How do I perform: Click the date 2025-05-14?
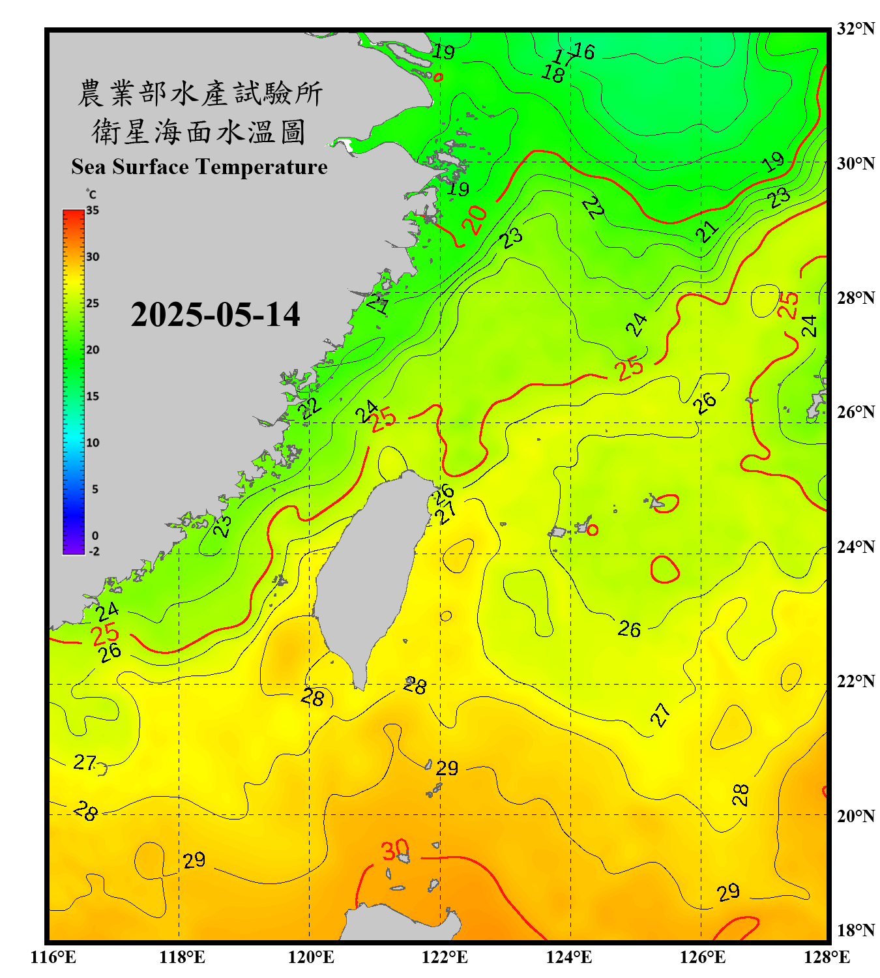(x=215, y=315)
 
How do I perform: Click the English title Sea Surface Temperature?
(x=199, y=167)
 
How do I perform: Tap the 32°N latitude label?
(x=855, y=29)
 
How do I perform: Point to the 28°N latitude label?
(x=855, y=298)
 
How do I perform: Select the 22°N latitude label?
(x=855, y=681)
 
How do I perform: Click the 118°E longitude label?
(x=182, y=957)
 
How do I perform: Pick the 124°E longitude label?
(x=569, y=957)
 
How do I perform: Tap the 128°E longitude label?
(x=827, y=957)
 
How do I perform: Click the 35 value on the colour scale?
(x=93, y=210)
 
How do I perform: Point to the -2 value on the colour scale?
(x=94, y=551)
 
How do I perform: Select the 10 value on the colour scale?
(x=93, y=443)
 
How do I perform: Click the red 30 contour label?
(x=394, y=850)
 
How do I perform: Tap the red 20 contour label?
(x=475, y=219)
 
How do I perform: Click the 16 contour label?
(x=584, y=51)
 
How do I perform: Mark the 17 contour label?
(x=564, y=59)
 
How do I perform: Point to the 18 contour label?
(x=553, y=74)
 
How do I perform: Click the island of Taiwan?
(x=368, y=574)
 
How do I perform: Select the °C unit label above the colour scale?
(x=91, y=194)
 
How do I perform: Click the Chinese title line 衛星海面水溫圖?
(x=199, y=132)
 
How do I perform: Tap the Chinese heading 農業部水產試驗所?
(x=199, y=93)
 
